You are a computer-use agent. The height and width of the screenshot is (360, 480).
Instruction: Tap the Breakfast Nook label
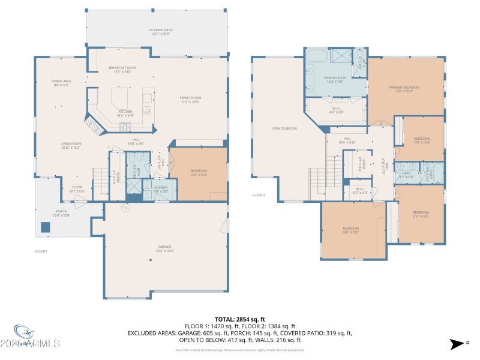(x=122, y=70)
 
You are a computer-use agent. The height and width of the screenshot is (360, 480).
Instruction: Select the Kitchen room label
(x=125, y=113)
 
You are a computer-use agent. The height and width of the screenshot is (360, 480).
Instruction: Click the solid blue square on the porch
(x=45, y=227)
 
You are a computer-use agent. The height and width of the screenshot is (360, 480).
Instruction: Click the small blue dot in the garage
(x=151, y=260)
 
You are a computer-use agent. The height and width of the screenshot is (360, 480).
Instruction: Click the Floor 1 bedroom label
(x=199, y=173)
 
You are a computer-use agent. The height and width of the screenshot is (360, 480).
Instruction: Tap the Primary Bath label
(x=335, y=80)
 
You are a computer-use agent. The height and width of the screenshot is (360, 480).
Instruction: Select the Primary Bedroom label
(x=408, y=89)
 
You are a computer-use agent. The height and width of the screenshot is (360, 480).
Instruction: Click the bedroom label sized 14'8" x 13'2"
(x=350, y=230)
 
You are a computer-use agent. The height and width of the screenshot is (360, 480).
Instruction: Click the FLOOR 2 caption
(x=258, y=195)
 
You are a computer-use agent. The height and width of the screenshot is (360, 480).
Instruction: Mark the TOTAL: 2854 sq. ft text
(x=239, y=319)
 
